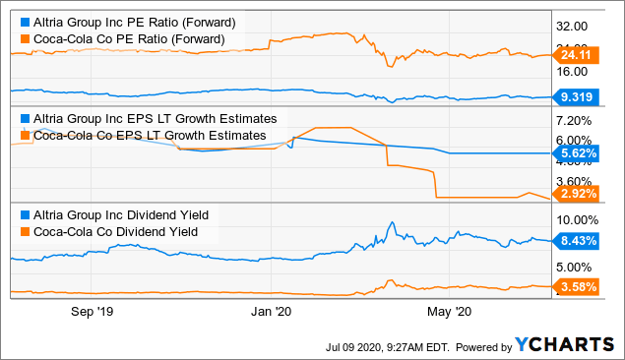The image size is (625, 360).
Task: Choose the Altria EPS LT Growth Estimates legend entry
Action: tap(148, 118)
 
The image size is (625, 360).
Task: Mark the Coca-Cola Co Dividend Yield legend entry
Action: tap(114, 231)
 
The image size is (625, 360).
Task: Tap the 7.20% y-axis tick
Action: tap(573, 119)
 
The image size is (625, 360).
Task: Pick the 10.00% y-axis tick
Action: tap(573, 219)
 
